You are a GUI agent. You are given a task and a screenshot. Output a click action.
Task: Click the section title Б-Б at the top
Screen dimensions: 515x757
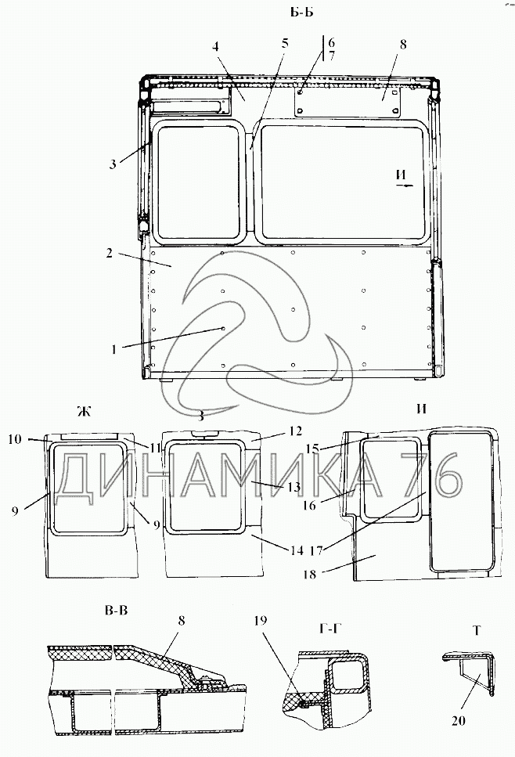pos(301,13)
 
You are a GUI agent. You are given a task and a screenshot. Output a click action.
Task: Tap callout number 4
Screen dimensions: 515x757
pos(215,46)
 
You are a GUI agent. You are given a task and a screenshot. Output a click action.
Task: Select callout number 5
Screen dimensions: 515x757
pos(285,44)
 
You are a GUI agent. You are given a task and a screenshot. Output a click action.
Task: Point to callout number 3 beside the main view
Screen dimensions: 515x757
pos(113,164)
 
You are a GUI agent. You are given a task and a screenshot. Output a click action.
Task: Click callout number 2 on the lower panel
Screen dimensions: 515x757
pos(110,253)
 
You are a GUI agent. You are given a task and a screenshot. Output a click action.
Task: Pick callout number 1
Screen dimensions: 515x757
pos(114,348)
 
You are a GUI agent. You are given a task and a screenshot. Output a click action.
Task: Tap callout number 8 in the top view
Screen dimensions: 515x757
pos(403,45)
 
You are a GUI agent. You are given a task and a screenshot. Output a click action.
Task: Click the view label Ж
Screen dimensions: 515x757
pos(84,411)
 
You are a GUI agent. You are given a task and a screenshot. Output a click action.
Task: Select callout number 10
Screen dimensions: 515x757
pos(15,439)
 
